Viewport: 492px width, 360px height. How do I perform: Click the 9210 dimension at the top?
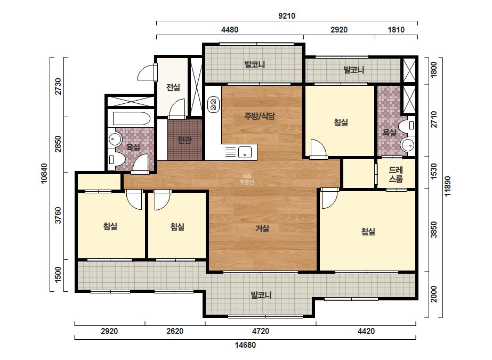[x=287, y=15]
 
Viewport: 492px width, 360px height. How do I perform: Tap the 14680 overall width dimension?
[x=245, y=345]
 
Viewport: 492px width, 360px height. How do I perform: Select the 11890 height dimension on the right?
[x=447, y=186]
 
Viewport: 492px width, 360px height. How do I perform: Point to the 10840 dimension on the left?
[x=44, y=173]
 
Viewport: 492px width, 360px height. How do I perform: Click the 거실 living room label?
[x=262, y=228]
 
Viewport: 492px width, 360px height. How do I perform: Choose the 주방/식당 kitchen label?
[x=260, y=116]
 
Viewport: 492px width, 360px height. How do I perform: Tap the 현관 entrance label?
[x=184, y=140]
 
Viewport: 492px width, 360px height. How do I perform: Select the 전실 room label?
[x=173, y=87]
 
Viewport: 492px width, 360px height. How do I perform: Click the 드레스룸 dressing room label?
[x=396, y=175]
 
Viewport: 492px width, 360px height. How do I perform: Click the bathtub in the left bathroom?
[x=132, y=119]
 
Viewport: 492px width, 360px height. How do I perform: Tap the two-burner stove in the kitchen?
[x=213, y=104]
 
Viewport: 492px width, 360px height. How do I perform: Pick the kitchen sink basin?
[x=245, y=152]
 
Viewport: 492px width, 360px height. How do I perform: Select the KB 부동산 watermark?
[x=247, y=179]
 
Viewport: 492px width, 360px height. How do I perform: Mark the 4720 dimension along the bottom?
[x=261, y=331]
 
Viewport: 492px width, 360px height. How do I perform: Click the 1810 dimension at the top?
[x=396, y=30]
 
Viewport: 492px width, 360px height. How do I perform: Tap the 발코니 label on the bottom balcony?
[x=261, y=295]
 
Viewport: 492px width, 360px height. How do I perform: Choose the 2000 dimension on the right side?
[x=434, y=294]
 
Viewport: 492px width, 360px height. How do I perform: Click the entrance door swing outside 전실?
[x=146, y=72]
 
